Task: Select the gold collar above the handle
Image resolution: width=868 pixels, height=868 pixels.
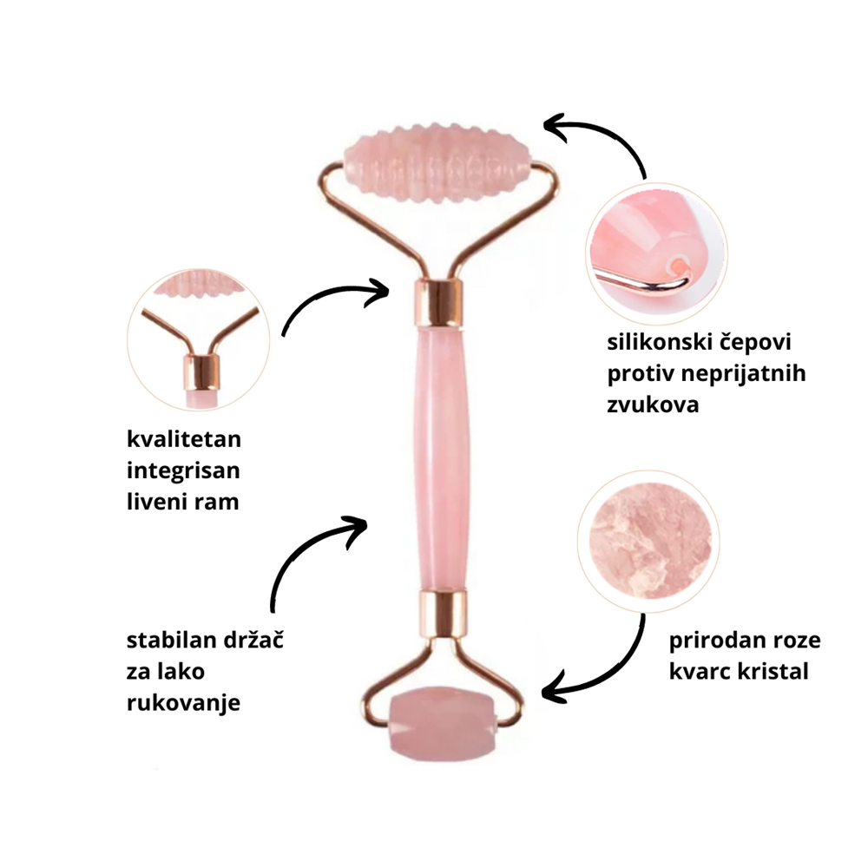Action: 437,303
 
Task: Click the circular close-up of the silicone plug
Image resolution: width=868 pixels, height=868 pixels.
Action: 656,254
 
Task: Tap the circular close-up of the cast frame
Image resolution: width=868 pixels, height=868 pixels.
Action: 198,340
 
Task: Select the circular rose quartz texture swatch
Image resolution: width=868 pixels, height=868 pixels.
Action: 648,541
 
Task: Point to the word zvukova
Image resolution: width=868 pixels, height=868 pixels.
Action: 653,404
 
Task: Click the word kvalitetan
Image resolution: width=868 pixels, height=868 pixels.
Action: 184,439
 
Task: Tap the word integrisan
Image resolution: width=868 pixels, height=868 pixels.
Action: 183,471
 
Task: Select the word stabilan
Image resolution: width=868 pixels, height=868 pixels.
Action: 171,640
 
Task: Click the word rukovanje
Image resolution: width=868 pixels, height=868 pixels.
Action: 183,703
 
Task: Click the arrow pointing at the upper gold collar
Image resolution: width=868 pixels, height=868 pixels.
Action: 326,299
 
